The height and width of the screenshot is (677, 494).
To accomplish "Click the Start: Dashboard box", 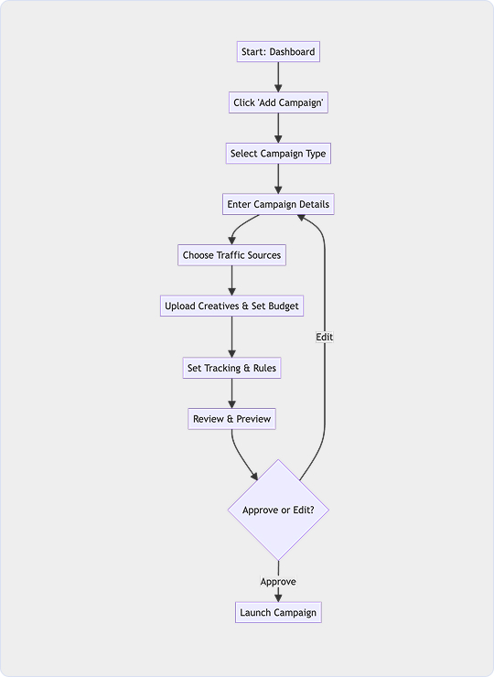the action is click(x=278, y=52).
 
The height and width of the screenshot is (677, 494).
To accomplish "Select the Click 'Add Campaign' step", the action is click(x=278, y=102).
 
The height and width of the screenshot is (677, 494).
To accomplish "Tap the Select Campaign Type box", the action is click(x=278, y=154).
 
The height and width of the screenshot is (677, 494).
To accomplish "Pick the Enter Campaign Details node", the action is click(x=278, y=204).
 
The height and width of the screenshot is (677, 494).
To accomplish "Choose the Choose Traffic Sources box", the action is click(x=231, y=255).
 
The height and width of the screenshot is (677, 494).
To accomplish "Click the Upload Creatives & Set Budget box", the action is click(x=231, y=306).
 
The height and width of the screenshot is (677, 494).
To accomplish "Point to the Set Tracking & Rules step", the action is click(x=231, y=368).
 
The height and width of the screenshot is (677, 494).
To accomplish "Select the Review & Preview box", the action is click(x=231, y=419).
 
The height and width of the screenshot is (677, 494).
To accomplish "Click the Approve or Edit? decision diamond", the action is click(x=278, y=510).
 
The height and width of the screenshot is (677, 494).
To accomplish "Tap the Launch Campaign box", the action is click(x=278, y=612).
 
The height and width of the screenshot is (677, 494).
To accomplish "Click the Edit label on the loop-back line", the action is click(x=324, y=337).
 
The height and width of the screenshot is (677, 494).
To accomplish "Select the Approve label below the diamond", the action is click(x=278, y=582).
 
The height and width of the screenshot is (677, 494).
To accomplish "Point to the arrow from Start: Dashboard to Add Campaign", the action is click(x=278, y=77).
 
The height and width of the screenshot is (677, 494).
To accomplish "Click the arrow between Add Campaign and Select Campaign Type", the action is click(x=278, y=128).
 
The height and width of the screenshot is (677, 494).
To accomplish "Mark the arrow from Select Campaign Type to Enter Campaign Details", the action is click(x=278, y=178).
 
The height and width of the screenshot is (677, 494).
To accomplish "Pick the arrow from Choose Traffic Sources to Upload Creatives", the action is click(x=231, y=281).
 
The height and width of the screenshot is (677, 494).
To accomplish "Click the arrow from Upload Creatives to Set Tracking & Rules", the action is click(x=231, y=337).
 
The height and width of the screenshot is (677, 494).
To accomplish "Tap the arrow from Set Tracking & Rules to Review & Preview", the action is click(x=231, y=393).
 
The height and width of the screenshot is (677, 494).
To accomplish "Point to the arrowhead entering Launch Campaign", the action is click(x=278, y=598).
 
